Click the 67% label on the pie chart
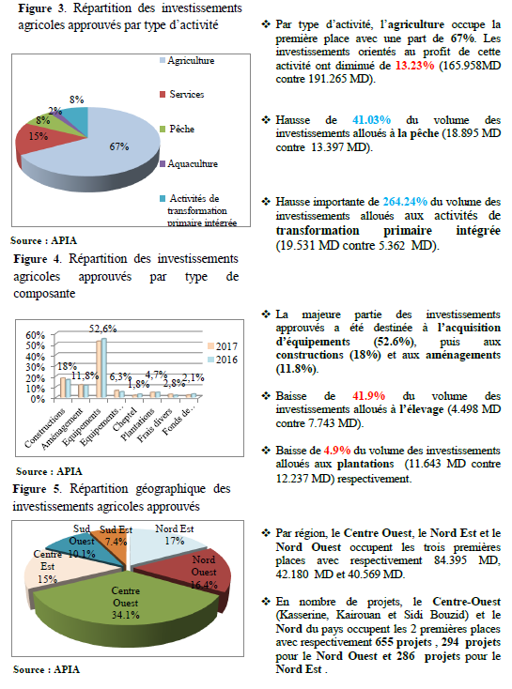click(x=119, y=146)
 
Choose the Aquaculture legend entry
click(x=189, y=164)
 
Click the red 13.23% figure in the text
click(x=415, y=66)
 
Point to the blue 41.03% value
click(x=371, y=120)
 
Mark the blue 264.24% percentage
click(x=405, y=202)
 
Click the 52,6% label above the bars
click(x=103, y=329)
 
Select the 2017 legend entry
click(x=223, y=346)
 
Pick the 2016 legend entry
click(x=223, y=360)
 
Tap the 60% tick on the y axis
click(x=35, y=335)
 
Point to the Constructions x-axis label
click(x=45, y=427)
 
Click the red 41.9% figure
click(x=368, y=396)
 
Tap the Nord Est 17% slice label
click(x=175, y=535)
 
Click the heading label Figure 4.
click(x=38, y=259)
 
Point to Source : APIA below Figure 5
click(x=47, y=669)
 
